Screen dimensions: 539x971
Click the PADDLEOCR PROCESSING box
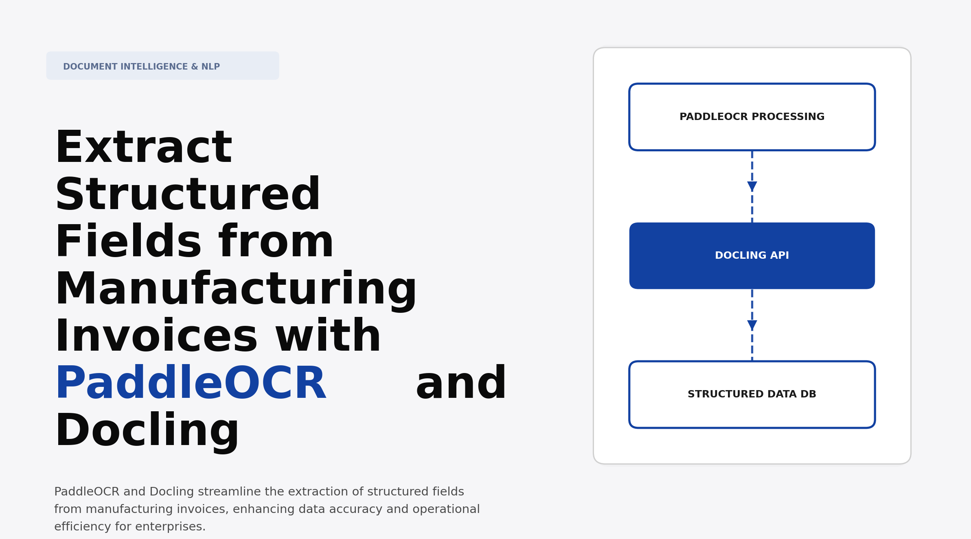point(752,117)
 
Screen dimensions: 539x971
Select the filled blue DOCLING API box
point(752,256)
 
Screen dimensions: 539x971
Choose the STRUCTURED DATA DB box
point(752,394)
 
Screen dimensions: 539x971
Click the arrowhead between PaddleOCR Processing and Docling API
point(752,186)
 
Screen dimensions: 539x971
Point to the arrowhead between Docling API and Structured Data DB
point(752,325)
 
